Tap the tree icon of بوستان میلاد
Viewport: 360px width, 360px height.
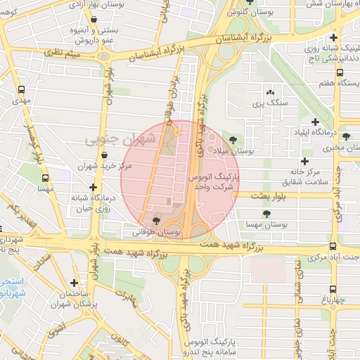pos(233,139)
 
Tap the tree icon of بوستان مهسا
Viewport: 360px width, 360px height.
pos(266,213)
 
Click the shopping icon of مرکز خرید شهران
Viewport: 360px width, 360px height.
pos(104,155)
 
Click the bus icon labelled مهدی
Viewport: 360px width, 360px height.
pos(23,90)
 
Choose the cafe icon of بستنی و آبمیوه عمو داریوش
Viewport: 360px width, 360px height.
pos(74,30)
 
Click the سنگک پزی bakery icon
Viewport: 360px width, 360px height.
pos(270,92)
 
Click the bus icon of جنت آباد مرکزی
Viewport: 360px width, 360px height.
pos(332,246)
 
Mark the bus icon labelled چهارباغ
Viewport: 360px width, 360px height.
pos(332,288)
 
